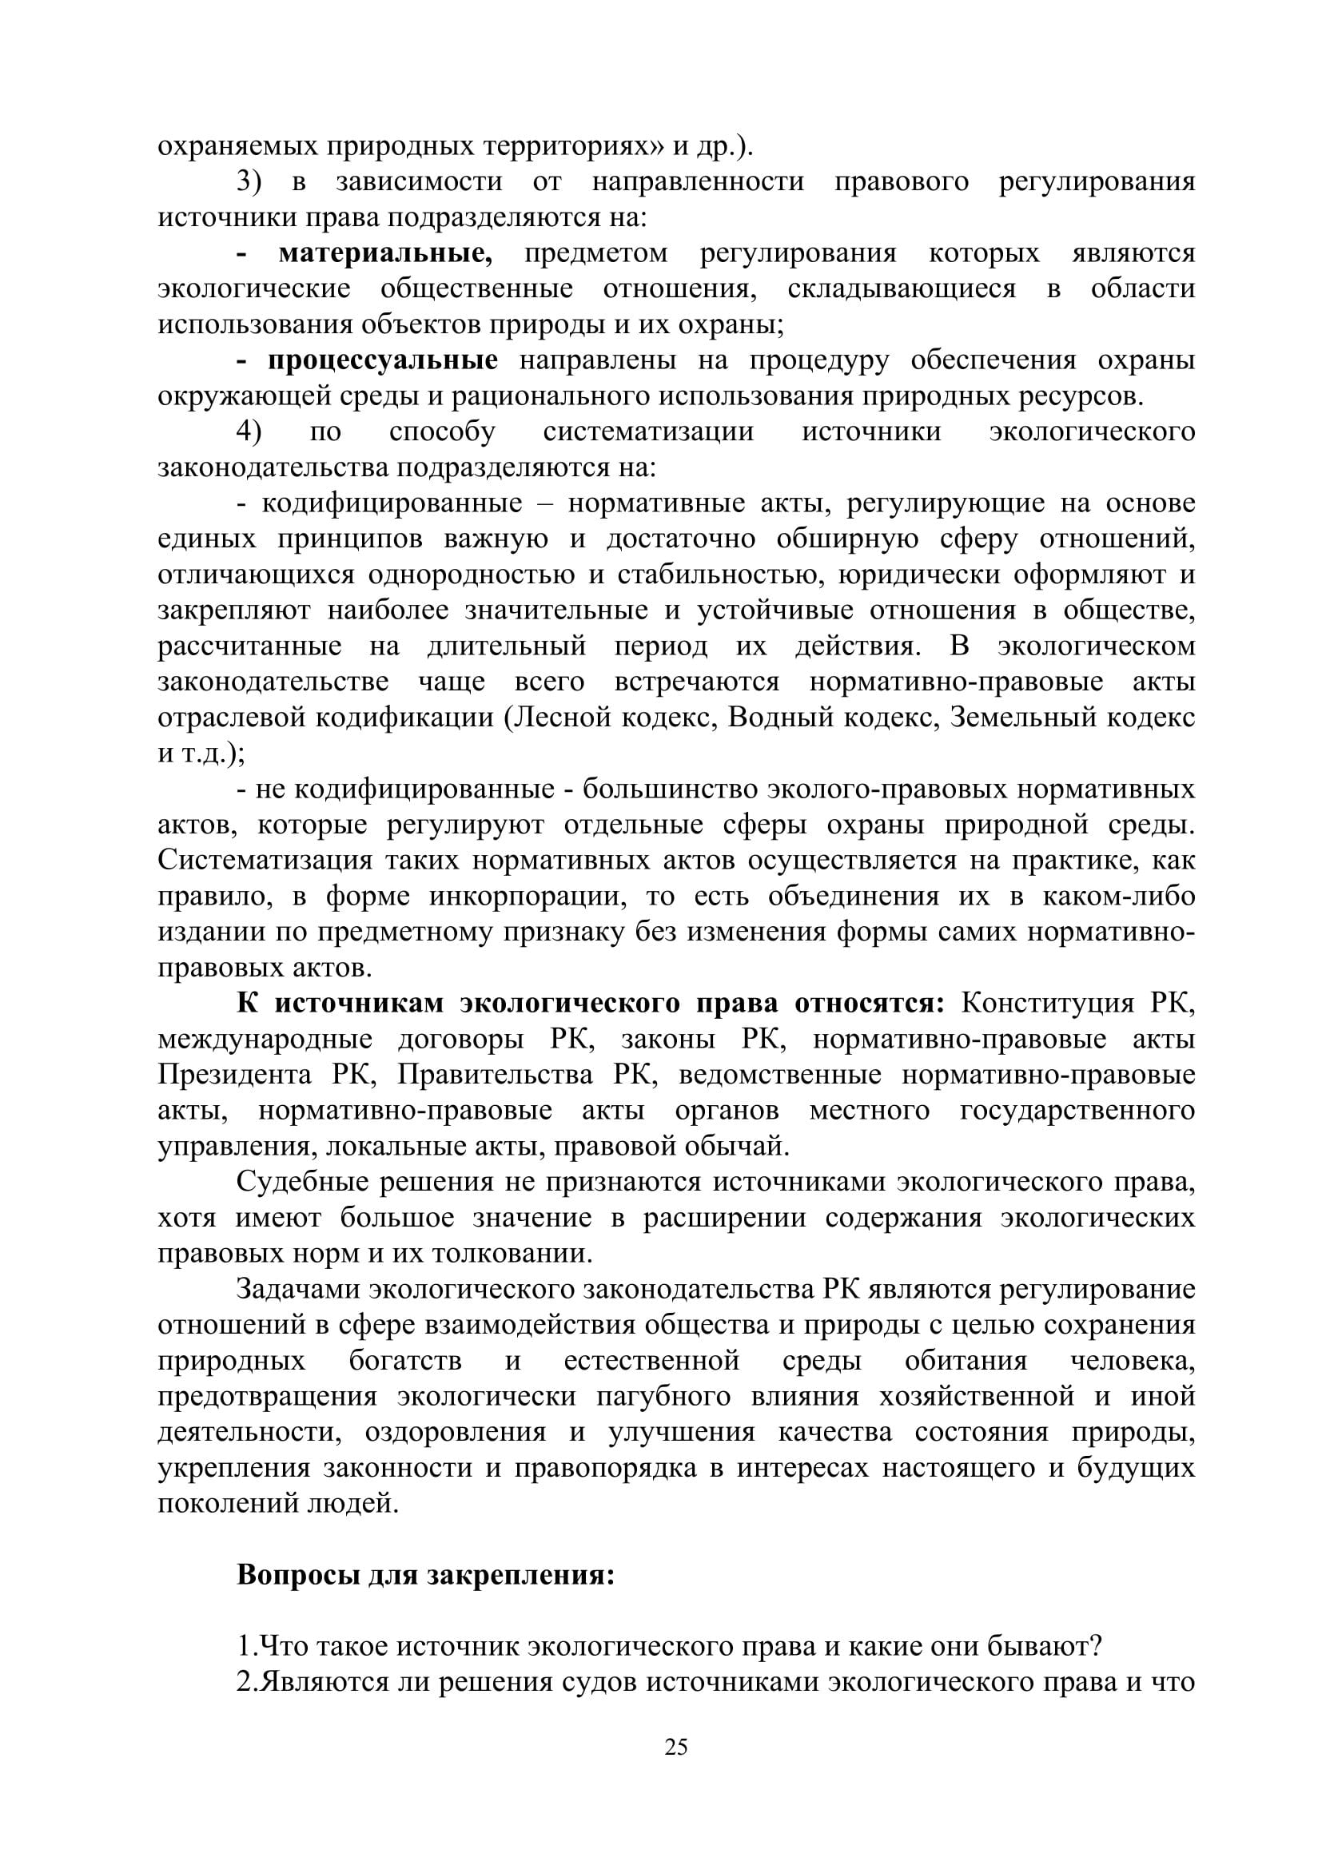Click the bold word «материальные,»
click(385, 254)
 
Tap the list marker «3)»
click(250, 182)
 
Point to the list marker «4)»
click(250, 432)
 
